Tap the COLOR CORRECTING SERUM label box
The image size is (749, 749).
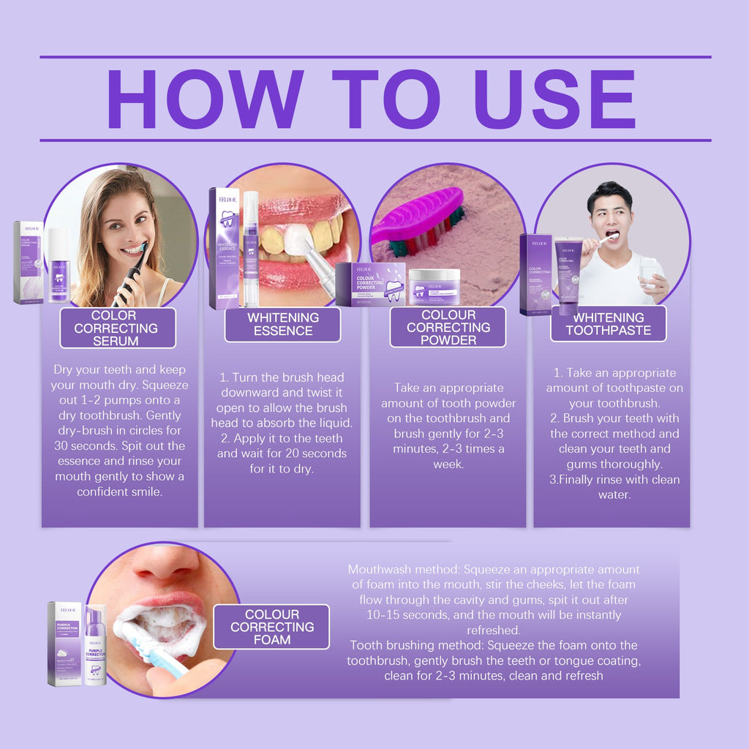pos(117,328)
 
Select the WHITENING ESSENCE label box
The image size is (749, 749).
pos(282,324)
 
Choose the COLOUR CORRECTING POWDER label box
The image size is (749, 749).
pos(448,327)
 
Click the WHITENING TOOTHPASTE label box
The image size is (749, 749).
pos(608,323)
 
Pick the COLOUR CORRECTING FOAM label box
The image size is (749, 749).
pos(271,627)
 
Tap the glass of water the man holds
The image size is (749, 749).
pos(648,272)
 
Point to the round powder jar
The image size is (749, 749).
pos(434,286)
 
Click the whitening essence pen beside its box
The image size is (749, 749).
pos(250,249)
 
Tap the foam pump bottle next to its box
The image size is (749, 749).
pos(95,644)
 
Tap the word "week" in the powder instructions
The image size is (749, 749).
pos(448,464)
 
